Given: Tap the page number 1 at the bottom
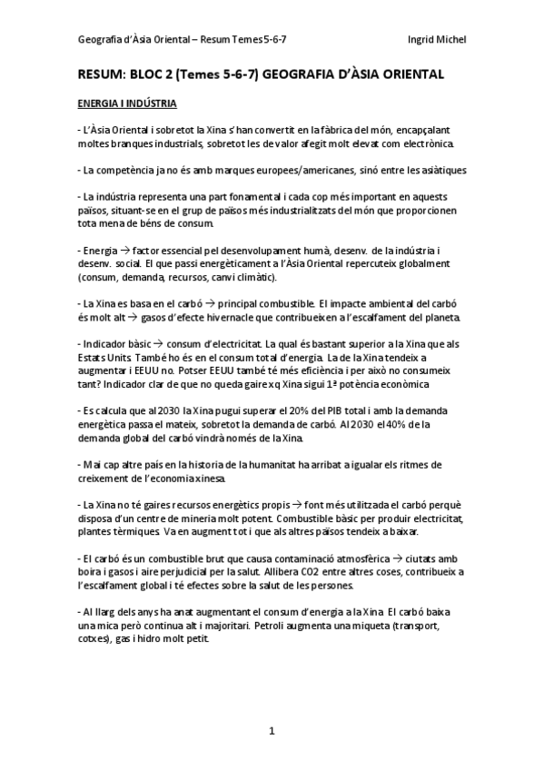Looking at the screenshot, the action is [272, 729].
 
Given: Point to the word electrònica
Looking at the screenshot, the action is [422, 144].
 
